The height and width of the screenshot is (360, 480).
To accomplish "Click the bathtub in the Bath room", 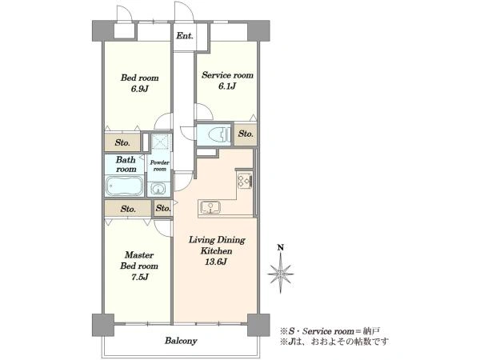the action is point(125,186).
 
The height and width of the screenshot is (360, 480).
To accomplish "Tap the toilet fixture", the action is point(219,134).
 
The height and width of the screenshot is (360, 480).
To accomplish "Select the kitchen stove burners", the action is point(245,181).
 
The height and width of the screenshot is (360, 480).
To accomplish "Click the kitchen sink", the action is point(210,207).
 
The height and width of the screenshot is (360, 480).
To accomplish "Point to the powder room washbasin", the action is point(158,189).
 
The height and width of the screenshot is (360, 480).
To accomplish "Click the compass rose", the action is point(281,274).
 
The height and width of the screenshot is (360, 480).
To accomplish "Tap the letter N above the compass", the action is point(280,247).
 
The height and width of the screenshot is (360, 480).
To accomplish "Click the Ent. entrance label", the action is point(185,36).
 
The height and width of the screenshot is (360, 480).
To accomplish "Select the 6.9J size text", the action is point(139,89).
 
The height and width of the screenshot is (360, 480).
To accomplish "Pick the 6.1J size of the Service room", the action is point(227,86).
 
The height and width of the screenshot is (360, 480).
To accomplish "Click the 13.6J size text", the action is point(216,262).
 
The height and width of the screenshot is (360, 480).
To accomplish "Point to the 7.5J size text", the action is point(139,277).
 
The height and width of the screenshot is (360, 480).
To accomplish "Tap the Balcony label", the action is point(181,341).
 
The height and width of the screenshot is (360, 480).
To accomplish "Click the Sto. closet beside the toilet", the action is point(246,134).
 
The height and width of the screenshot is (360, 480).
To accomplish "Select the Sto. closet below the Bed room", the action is point(122,142).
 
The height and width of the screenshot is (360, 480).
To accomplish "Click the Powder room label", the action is point(159,166).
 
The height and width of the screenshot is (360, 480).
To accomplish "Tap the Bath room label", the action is point(126,164).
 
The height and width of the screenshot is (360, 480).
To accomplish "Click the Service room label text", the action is point(227,75).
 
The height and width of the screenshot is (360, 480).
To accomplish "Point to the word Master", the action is point(139,254).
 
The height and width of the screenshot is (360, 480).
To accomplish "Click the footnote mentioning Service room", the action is point(330,331).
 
